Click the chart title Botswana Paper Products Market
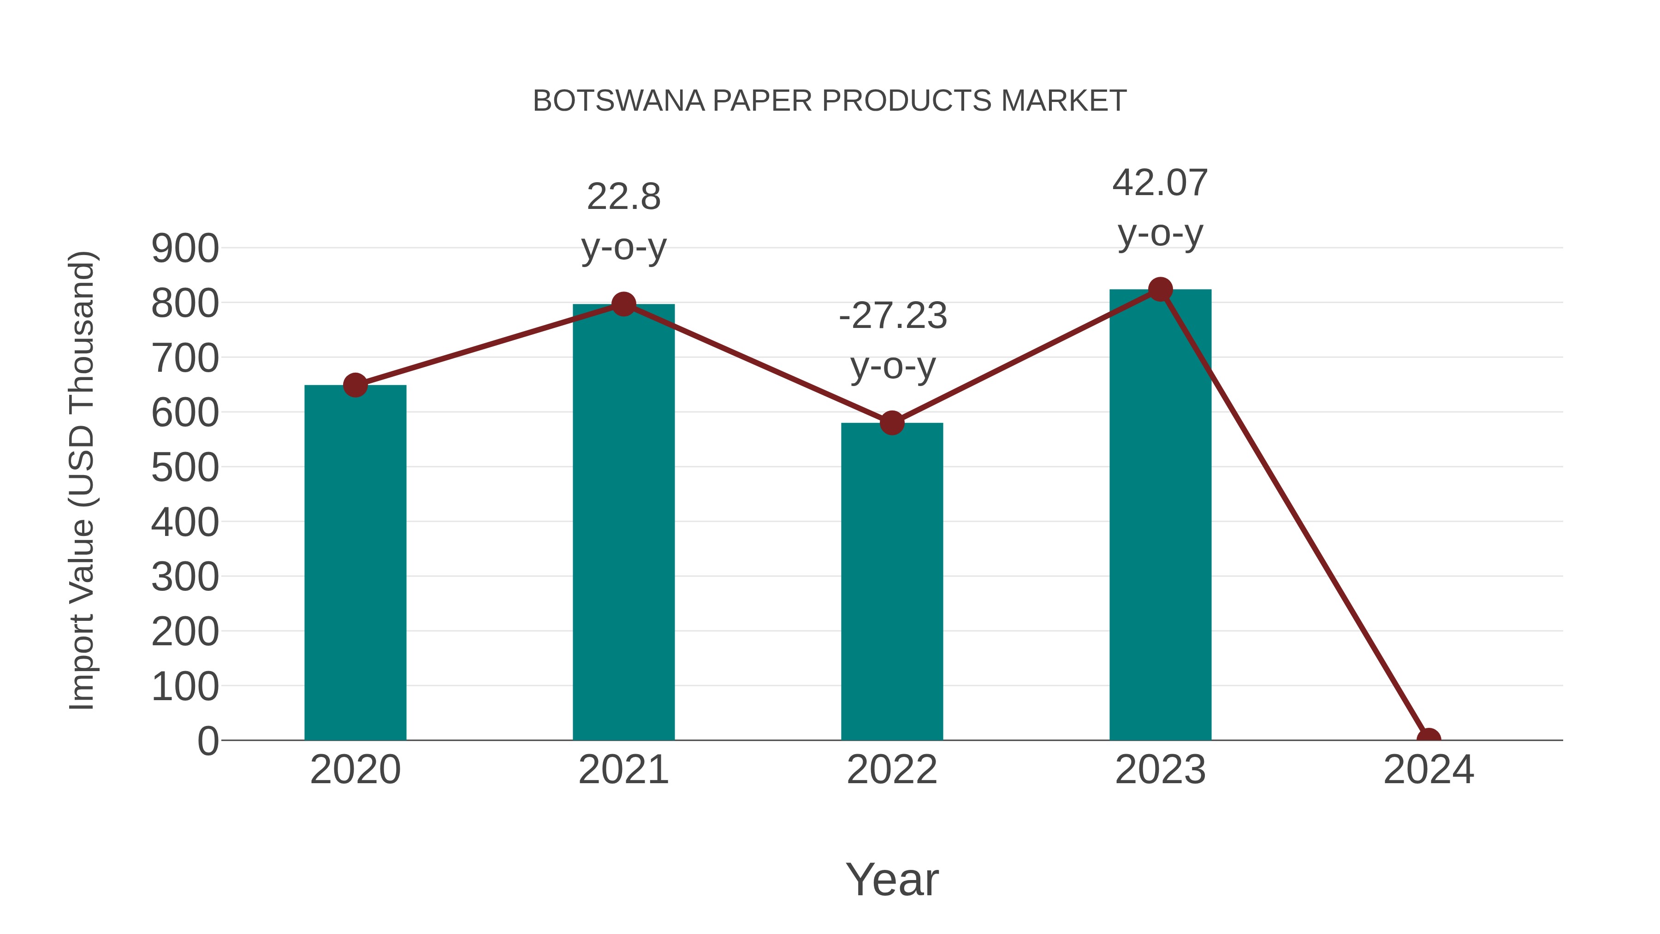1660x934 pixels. pyautogui.click(x=830, y=101)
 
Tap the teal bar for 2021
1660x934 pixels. pyautogui.click(x=623, y=522)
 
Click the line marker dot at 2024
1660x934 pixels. pyautogui.click(x=1428, y=739)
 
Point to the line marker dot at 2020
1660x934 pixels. pyautogui.click(x=355, y=386)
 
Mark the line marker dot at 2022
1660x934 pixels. pyautogui.click(x=892, y=423)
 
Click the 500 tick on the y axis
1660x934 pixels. pyautogui.click(x=185, y=468)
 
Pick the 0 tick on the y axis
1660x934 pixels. pyautogui.click(x=207, y=741)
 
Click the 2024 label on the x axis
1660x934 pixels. pyautogui.click(x=1428, y=770)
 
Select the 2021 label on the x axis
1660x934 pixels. pyautogui.click(x=623, y=770)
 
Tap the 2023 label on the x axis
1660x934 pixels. pyautogui.click(x=1160, y=770)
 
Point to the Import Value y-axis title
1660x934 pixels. pyautogui.click(x=83, y=480)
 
